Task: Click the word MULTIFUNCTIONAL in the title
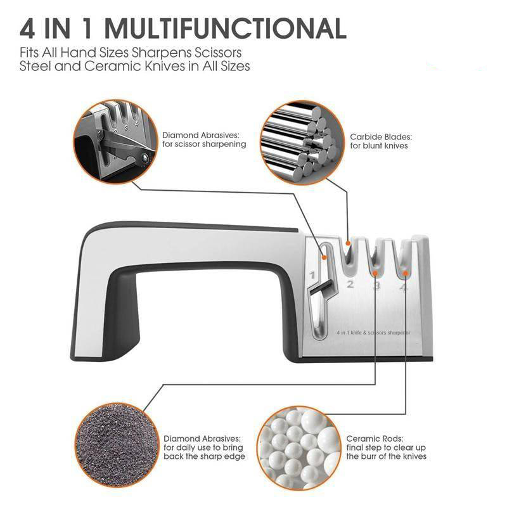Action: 226,29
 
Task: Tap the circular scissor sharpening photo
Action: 115,141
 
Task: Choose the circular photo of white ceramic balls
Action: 299,449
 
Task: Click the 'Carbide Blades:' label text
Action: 381,137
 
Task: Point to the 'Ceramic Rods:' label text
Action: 375,439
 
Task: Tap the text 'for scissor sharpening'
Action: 204,144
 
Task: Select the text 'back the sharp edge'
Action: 204,456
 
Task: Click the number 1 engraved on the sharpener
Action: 312,275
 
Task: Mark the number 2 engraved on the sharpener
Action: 350,284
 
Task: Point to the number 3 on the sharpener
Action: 376,286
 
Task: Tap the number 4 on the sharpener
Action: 404,286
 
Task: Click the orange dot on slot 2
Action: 348,243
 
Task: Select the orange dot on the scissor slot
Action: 324,257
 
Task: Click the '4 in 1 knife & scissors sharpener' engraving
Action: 373,332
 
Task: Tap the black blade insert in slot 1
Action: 320,288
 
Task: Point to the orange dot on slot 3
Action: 375,274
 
